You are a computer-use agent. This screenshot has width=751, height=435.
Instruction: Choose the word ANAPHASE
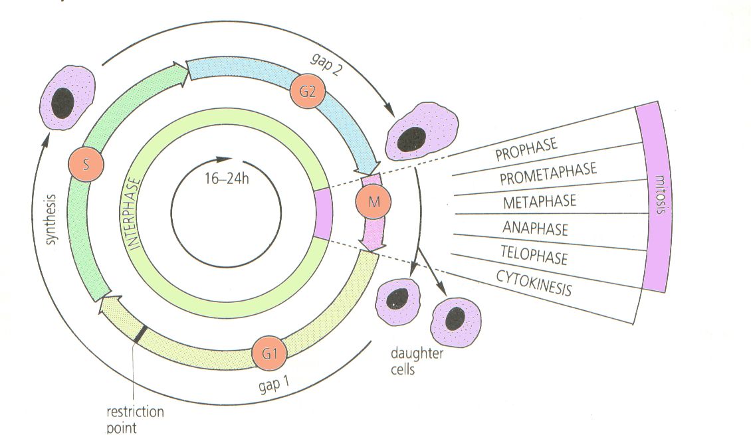[535, 228]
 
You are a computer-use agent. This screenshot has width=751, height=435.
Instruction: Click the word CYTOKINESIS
[534, 282]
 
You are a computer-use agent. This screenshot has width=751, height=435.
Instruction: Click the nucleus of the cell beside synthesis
[63, 102]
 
